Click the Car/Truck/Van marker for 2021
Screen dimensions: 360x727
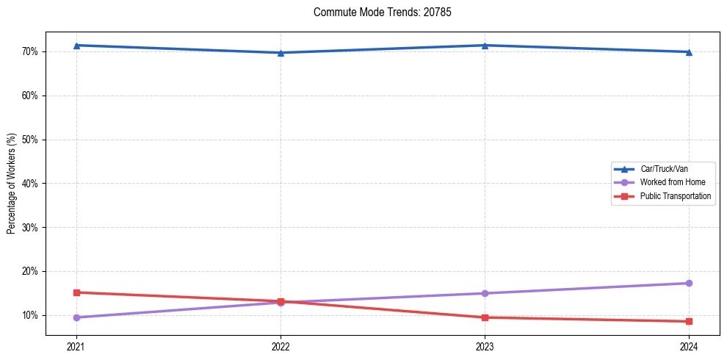(x=76, y=46)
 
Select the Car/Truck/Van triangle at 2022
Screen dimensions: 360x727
(x=281, y=53)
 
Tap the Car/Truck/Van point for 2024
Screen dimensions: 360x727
(x=689, y=52)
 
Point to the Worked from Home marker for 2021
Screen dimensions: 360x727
(x=76, y=317)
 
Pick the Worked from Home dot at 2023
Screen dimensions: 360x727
(x=485, y=293)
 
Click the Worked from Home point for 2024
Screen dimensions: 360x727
(x=689, y=283)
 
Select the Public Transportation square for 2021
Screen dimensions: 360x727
(x=76, y=292)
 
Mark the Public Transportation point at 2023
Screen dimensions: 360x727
(x=485, y=317)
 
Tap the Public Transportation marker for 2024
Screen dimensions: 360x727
(x=689, y=321)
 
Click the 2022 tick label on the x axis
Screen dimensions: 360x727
(x=281, y=346)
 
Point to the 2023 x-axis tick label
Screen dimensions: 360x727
(x=485, y=346)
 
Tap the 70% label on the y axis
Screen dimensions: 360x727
(x=31, y=51)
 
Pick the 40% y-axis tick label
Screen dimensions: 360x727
(x=31, y=184)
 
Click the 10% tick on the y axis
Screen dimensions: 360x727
(x=31, y=315)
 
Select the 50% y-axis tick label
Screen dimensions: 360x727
(x=31, y=140)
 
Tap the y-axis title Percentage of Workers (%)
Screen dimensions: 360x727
(x=12, y=184)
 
